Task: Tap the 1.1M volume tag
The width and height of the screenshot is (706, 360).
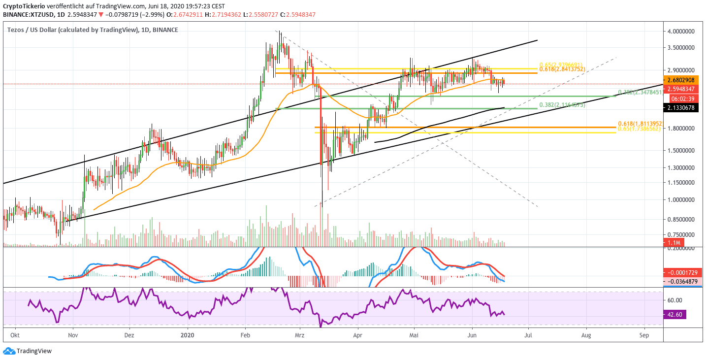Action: [x=674, y=243]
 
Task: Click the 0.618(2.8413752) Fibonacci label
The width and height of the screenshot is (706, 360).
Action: [x=562, y=69]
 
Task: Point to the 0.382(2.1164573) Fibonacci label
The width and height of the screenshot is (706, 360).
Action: [x=562, y=105]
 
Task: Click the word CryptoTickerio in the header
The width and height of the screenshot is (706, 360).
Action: [x=24, y=6]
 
